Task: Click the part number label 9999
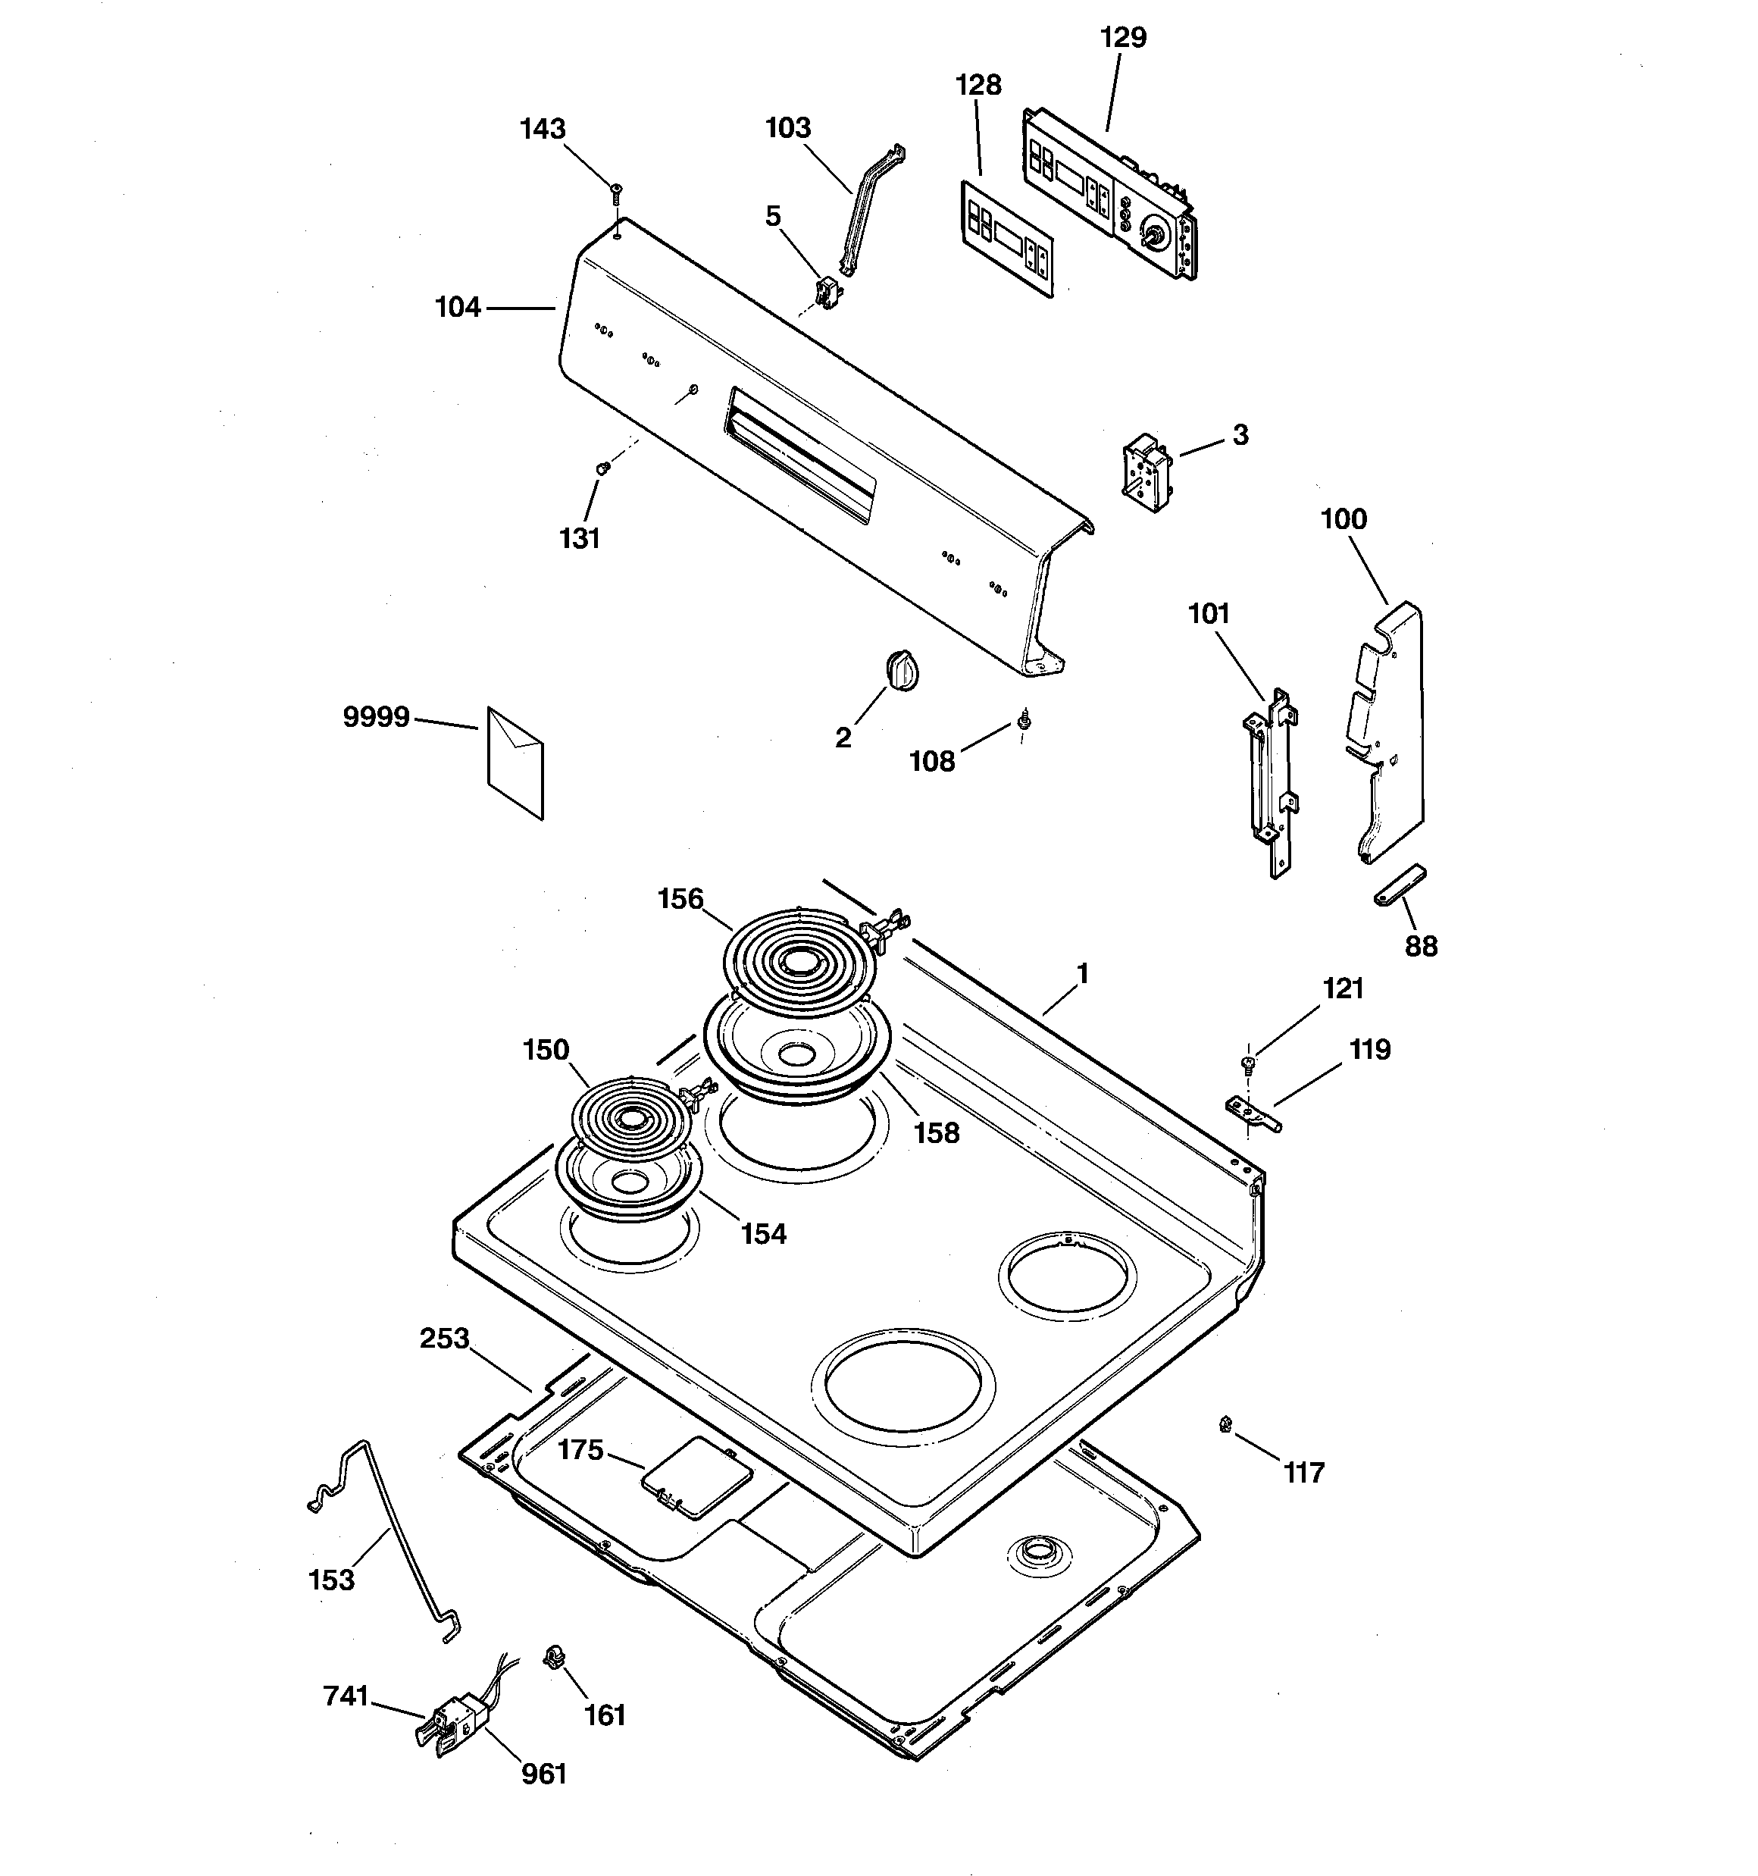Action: click(x=376, y=718)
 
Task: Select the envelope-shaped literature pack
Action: click(x=515, y=763)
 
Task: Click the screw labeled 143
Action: click(x=615, y=194)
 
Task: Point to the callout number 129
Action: click(x=1123, y=38)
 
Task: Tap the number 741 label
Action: click(x=346, y=1696)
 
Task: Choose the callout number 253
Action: click(x=445, y=1338)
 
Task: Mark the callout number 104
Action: click(x=458, y=308)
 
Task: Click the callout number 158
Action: click(x=936, y=1132)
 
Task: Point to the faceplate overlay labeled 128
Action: click(x=1007, y=239)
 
